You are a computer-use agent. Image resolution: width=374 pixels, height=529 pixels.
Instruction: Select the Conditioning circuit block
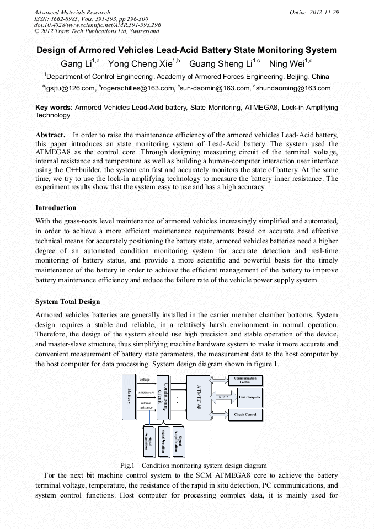point(162,397)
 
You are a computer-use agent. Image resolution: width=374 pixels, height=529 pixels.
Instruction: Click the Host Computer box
point(249,397)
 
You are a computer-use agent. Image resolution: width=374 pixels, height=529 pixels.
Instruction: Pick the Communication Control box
point(245,381)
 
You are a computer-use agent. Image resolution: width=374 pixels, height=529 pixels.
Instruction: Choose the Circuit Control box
point(245,414)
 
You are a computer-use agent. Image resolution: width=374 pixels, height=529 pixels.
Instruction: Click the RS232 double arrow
point(223,397)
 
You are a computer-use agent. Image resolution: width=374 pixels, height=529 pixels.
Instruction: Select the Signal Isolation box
point(163,441)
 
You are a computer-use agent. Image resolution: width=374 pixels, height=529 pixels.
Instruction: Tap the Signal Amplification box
point(178,441)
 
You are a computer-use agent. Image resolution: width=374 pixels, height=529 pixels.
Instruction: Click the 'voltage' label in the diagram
point(145,380)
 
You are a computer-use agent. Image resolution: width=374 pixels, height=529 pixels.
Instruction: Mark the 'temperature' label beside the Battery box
point(146,392)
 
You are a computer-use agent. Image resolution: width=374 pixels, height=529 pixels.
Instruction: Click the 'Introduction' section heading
point(56,208)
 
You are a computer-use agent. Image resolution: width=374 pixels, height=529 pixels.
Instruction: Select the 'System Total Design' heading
point(68,302)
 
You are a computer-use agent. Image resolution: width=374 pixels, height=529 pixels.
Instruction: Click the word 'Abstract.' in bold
point(50,135)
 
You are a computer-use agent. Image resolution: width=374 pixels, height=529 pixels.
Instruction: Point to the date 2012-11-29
point(325,12)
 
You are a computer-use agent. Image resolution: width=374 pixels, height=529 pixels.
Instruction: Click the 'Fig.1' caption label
point(127,466)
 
